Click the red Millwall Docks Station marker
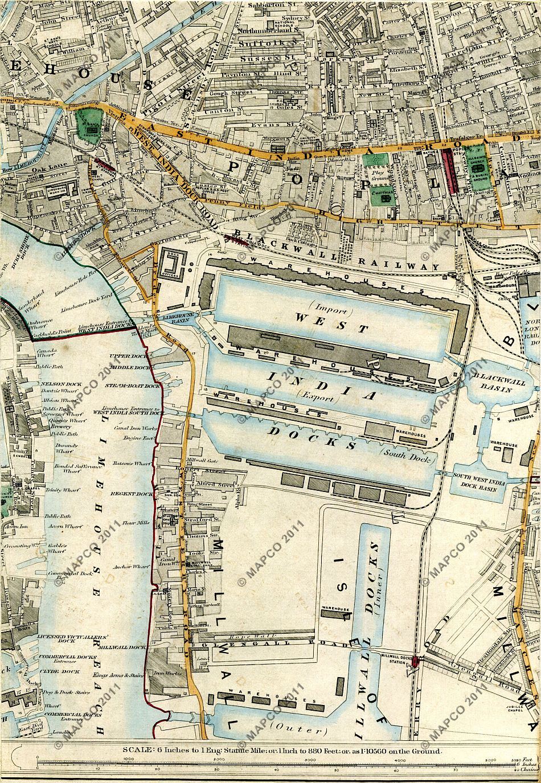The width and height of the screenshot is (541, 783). tap(416, 661)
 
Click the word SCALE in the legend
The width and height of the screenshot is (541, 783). tap(137, 751)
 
